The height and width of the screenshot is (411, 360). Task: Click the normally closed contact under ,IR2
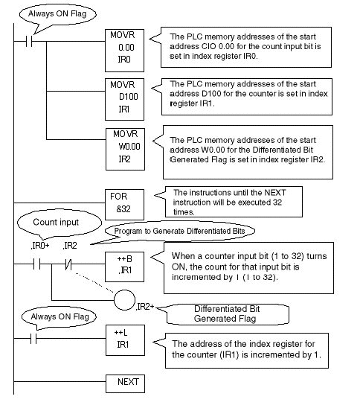coord(68,264)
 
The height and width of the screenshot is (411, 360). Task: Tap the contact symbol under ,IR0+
coord(37,264)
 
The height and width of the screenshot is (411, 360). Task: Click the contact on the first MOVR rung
coord(29,41)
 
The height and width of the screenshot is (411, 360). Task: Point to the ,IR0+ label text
coord(40,246)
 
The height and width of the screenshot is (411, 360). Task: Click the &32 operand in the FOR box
coord(123,209)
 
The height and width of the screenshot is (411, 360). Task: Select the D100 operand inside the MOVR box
coord(128,97)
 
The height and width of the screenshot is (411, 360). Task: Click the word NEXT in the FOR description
coord(275,193)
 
